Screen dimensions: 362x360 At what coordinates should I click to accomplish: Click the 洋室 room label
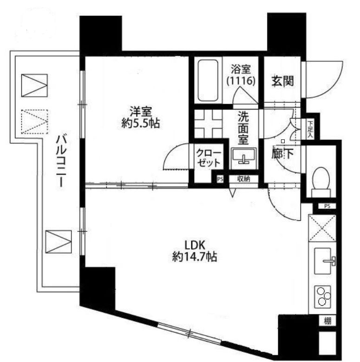[x=140, y=112]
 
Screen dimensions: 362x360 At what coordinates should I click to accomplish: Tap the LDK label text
[x=192, y=244]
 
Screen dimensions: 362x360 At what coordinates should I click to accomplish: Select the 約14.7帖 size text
[x=192, y=257]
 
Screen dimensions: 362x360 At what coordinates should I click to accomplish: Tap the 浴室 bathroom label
[x=241, y=70]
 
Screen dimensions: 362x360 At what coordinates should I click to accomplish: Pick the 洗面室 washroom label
[x=244, y=128]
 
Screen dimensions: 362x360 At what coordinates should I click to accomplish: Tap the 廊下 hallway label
[x=282, y=154]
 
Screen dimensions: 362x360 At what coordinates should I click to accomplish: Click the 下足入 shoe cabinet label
[x=310, y=129]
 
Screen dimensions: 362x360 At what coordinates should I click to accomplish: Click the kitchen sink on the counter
[x=323, y=261]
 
